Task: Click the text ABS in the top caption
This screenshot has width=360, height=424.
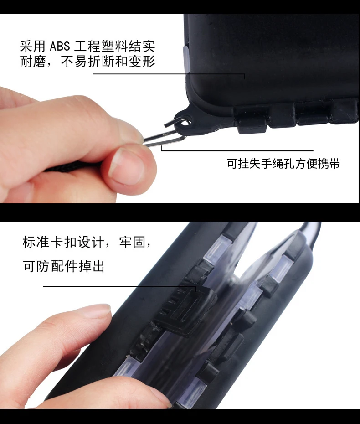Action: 60,46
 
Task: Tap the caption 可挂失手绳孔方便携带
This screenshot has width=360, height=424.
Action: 283,164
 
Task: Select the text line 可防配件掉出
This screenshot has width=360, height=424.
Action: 63,266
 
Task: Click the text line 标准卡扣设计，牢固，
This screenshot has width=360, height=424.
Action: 87,242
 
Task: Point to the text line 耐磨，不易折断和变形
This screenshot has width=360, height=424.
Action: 87,62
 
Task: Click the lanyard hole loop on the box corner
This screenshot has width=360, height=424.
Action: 184,119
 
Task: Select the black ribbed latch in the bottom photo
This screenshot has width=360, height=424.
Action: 186,310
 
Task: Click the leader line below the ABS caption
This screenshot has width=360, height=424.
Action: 169,74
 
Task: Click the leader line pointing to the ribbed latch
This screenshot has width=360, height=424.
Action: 119,286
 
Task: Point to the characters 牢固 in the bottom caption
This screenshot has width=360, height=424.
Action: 132,242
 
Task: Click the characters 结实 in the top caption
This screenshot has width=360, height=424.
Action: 142,46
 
